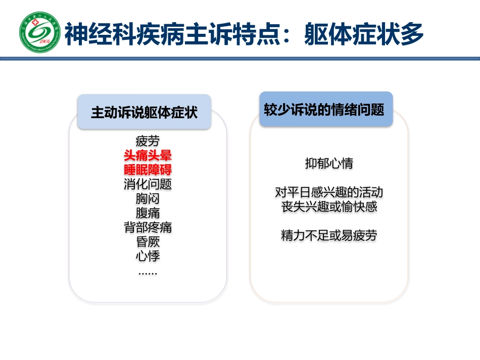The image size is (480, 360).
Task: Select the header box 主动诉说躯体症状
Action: tap(144, 112)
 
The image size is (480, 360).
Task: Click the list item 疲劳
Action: tap(148, 140)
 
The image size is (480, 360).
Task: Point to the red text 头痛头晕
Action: tap(148, 155)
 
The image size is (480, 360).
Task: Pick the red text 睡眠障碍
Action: tap(148, 170)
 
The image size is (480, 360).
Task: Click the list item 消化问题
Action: tap(148, 184)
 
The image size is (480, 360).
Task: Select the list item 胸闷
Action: tap(148, 198)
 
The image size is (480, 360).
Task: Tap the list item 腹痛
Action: tap(148, 213)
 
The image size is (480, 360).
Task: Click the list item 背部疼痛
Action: tap(148, 227)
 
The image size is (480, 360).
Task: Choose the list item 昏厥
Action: tap(148, 241)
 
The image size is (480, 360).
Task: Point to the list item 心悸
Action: tap(148, 256)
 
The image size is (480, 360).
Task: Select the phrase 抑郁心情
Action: tap(329, 164)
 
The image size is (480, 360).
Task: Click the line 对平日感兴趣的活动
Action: tap(329, 192)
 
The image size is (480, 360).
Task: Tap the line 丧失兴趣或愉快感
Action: tap(329, 207)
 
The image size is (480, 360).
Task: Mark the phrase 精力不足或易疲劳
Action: tap(329, 235)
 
